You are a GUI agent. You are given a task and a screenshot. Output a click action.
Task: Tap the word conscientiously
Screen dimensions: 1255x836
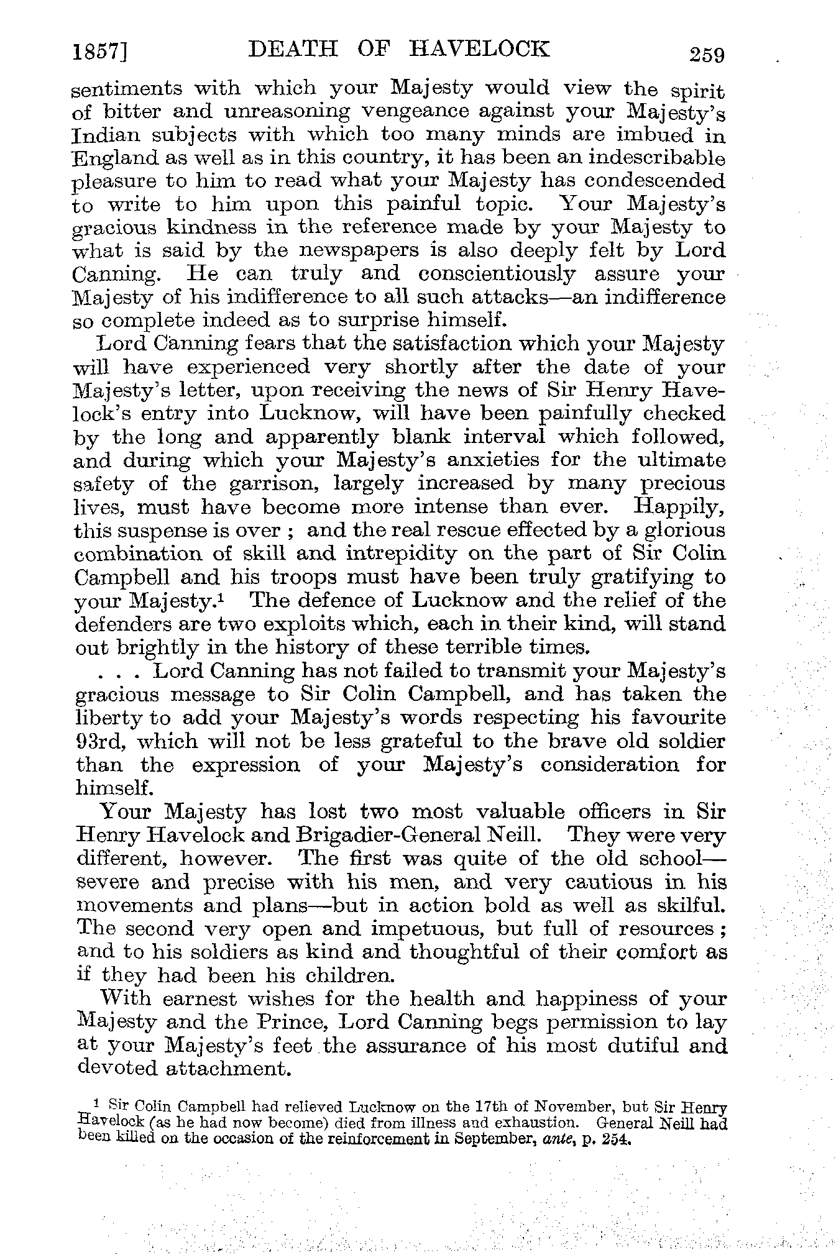(497, 274)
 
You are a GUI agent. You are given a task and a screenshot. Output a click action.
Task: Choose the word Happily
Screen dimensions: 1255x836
(678, 506)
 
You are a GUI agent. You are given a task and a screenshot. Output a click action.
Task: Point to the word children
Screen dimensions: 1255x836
(341, 976)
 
